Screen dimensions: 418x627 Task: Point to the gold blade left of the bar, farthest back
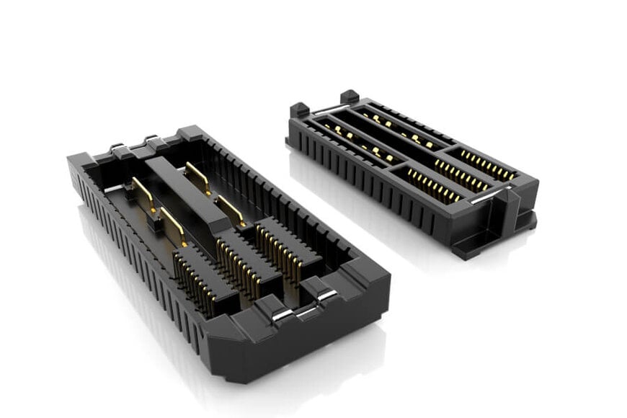[x=143, y=194]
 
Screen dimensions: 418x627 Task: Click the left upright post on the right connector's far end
[x=298, y=111]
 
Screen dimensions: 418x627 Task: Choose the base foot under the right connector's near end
[x=490, y=241]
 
